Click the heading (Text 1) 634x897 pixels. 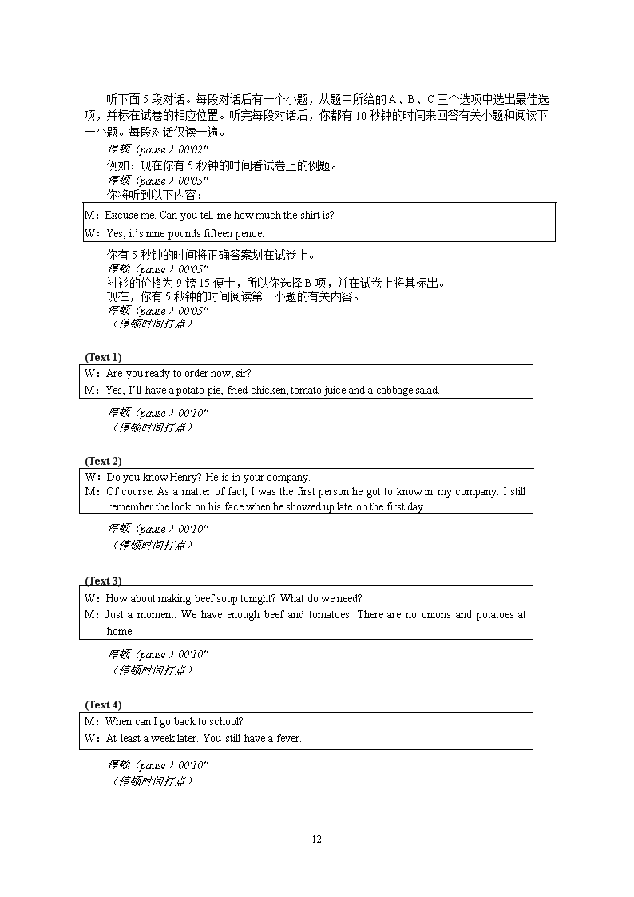tap(103, 357)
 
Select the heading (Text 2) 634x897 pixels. tap(103, 461)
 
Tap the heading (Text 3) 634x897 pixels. tap(103, 581)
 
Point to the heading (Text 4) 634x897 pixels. tap(103, 705)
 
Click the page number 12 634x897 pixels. tap(316, 839)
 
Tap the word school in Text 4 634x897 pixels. tap(224, 722)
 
